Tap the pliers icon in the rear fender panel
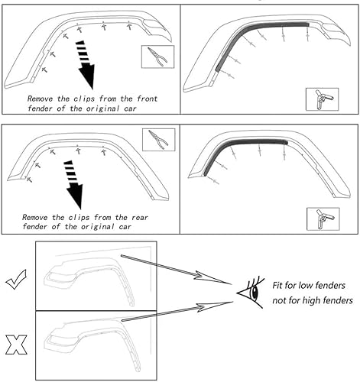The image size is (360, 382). point(158,140)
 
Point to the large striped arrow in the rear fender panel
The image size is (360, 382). point(74,183)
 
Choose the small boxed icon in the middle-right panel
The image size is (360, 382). point(321,218)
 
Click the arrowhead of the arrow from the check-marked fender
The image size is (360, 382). point(227,283)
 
